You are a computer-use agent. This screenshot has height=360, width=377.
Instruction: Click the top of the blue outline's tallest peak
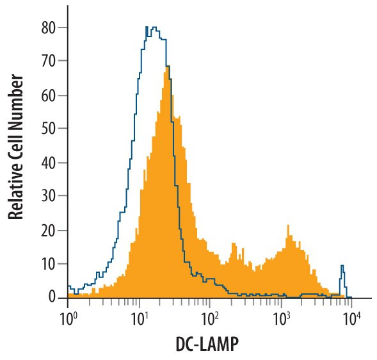(152, 28)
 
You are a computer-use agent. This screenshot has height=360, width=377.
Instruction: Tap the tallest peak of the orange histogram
(167, 66)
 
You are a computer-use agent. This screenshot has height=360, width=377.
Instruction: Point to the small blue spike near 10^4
(342, 266)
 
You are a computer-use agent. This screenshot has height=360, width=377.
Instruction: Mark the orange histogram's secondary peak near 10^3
(288, 225)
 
